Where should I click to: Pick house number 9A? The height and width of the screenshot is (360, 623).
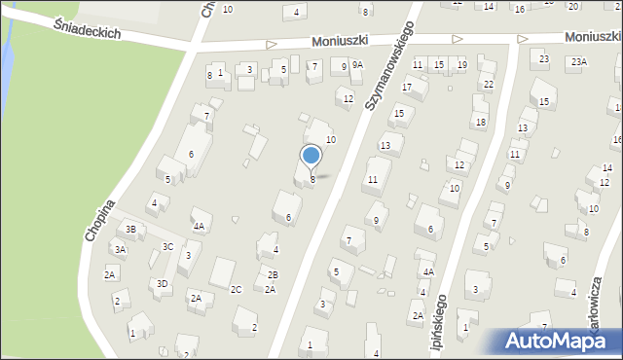tap(358, 65)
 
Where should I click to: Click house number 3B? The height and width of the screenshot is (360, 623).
tap(130, 230)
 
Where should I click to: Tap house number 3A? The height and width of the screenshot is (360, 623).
tap(120, 250)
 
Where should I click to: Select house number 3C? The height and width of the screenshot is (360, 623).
tap(167, 247)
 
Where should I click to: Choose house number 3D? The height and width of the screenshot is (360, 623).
tap(163, 283)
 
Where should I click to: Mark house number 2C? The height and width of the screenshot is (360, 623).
tap(236, 290)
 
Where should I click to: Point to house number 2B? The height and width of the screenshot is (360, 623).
tap(273, 275)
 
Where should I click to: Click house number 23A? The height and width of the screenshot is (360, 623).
tap(579, 62)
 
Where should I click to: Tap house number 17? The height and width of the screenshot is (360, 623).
tap(408, 88)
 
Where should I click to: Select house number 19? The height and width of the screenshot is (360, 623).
tap(461, 65)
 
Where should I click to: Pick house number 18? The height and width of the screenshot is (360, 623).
tap(480, 122)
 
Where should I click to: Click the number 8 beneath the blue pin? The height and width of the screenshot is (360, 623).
tap(312, 179)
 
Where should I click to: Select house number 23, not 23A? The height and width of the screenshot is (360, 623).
tap(544, 59)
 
